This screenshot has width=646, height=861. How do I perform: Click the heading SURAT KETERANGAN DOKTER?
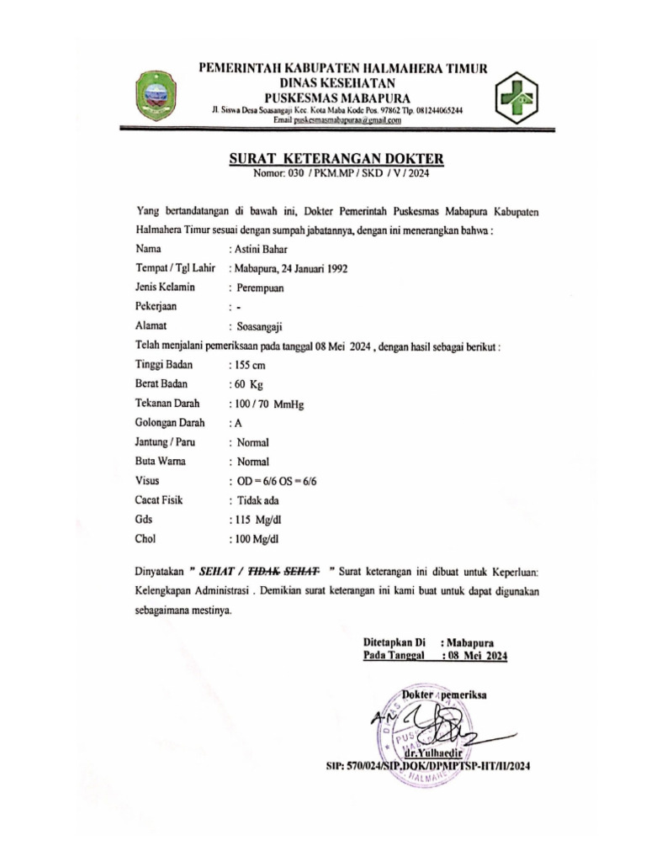[x=336, y=159]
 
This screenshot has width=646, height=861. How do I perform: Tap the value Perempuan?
[x=260, y=288]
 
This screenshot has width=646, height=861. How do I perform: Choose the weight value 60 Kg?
[x=246, y=384]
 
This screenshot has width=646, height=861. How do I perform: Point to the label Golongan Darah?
[x=170, y=423]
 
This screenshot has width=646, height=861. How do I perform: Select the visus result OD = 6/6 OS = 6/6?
[x=277, y=481]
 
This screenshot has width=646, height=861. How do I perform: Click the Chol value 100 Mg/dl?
[x=257, y=539]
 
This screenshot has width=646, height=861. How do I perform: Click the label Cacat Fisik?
[x=159, y=500]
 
